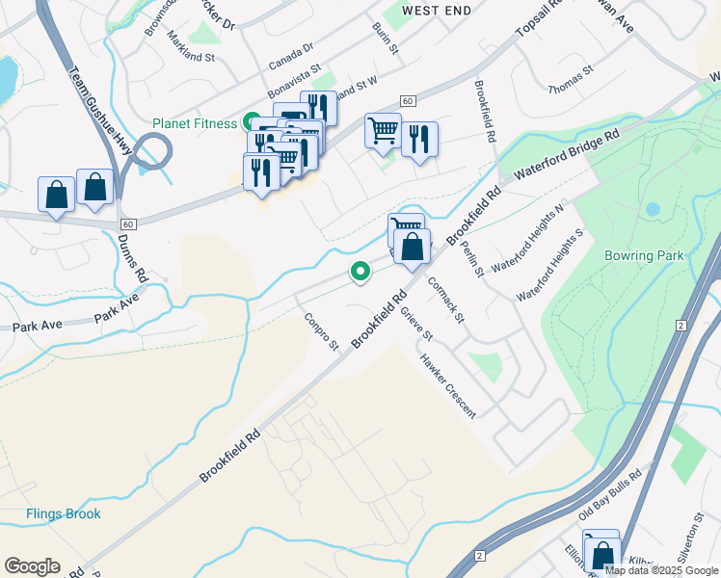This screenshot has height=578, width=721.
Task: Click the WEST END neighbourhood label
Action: [437, 11]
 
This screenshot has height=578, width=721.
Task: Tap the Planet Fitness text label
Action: [194, 123]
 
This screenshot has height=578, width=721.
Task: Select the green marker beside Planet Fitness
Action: [251, 122]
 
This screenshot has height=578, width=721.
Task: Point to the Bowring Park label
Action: [643, 255]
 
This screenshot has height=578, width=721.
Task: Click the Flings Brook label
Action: [64, 513]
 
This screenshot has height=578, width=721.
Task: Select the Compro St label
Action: [322, 331]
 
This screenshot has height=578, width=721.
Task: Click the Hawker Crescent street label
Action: [446, 385]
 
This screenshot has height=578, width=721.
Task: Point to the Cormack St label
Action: [445, 301]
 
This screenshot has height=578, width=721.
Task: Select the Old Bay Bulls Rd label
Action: [610, 497]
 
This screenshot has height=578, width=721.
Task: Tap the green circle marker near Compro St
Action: [360, 274]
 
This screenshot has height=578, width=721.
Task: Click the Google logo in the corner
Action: [32, 566]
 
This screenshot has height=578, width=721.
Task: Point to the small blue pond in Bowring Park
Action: [654, 209]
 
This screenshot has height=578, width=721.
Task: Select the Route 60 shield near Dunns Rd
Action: [129, 223]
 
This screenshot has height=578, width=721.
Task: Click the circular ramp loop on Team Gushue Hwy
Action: [152, 151]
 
